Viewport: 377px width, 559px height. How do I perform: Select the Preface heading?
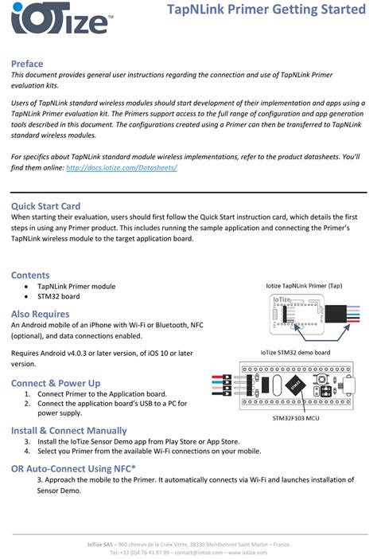pos(27,64)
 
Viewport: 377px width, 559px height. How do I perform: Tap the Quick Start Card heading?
pos(45,205)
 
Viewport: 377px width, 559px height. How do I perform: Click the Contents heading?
pos(30,275)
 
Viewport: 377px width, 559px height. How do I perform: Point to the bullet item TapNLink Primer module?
pos(76,286)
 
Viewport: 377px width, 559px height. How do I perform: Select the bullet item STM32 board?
pos(58,296)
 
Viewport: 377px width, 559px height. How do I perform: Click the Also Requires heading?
pos(40,314)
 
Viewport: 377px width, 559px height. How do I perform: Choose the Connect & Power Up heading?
pos(56,383)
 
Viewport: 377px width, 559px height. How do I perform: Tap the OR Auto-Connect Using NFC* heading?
pos(73,468)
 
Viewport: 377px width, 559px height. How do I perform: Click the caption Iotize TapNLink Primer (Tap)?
pos(304,284)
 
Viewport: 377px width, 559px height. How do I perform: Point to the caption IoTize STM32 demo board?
pos(295,352)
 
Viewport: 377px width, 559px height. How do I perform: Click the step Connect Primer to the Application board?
pos(102,393)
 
